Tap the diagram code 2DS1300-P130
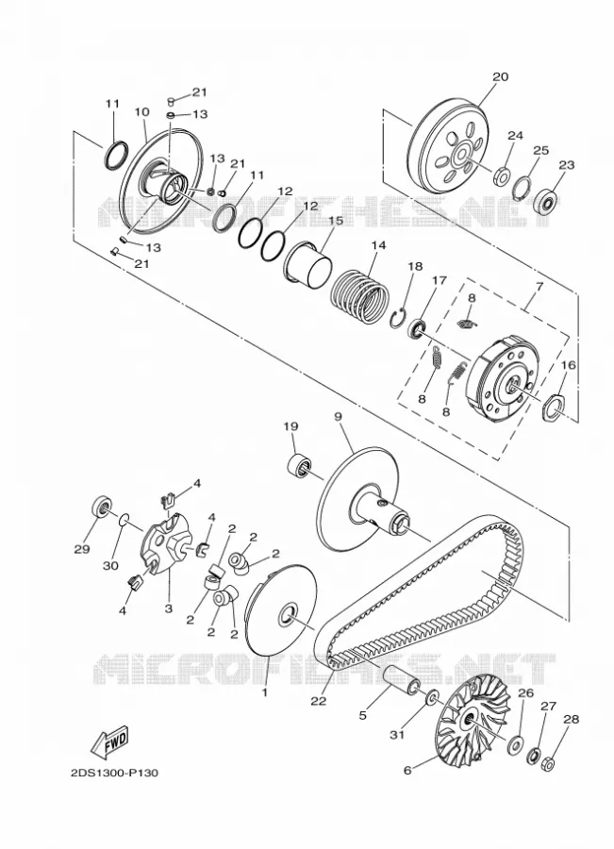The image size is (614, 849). pos(114,773)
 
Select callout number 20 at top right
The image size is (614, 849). pos(500,77)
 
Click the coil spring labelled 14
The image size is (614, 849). pos(360,295)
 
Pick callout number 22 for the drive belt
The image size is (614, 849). pos(319,700)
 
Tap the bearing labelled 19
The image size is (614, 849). pos(299,466)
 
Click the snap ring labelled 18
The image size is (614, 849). pos(399,318)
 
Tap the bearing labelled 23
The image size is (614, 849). pos(546,201)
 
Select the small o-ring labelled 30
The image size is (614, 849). pos(124,520)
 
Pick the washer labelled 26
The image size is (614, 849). pos(514,744)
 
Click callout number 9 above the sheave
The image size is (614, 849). pos(338,417)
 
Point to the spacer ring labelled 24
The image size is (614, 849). pos(502,176)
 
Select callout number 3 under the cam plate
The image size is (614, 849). pos(169,608)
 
